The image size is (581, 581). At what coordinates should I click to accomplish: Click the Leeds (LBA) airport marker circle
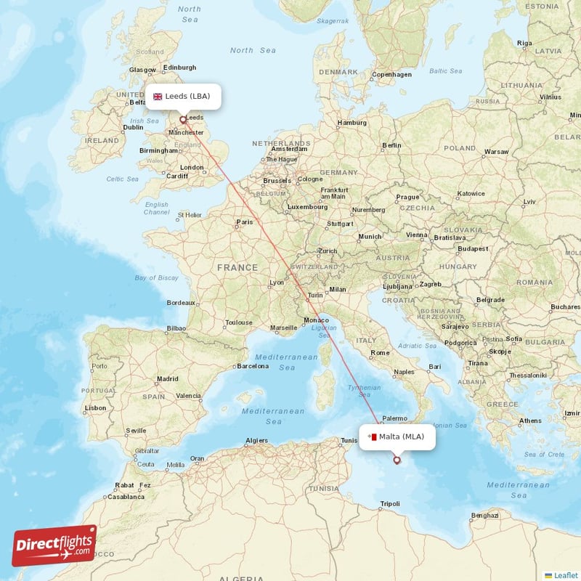(x=182, y=120)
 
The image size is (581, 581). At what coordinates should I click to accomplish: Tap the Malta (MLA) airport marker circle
(x=397, y=460)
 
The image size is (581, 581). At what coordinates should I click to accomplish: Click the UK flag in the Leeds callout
(x=158, y=96)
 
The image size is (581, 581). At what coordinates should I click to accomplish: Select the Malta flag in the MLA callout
(x=372, y=436)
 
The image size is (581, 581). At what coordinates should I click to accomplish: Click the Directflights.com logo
(x=54, y=545)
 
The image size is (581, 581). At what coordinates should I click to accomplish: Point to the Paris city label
(x=245, y=222)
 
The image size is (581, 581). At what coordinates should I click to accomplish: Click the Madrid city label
(x=168, y=378)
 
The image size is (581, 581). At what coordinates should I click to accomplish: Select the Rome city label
(x=381, y=353)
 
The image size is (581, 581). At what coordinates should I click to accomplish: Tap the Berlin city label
(x=391, y=145)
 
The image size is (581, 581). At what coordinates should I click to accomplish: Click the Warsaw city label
(x=496, y=152)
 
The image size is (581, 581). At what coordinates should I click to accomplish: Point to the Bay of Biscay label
(x=156, y=277)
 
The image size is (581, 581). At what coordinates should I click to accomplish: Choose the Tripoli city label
(x=390, y=503)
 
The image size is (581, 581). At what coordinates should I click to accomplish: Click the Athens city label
(x=530, y=420)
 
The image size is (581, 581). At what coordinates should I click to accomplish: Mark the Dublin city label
(x=133, y=127)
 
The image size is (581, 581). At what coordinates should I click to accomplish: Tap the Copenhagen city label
(x=391, y=74)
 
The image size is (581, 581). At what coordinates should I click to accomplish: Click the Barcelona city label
(x=253, y=366)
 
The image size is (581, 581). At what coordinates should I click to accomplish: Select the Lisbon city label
(x=95, y=408)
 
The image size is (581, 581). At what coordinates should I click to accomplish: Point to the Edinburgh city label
(x=180, y=68)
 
